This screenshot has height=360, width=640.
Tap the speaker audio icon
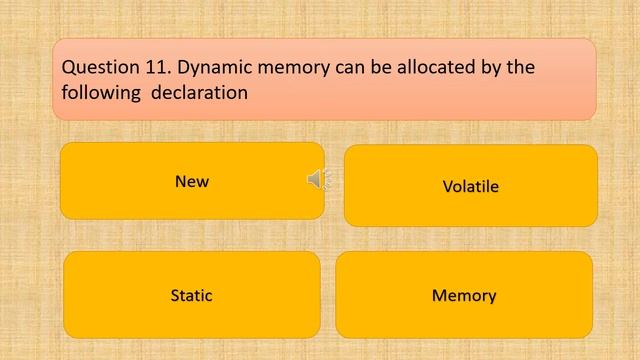pos(316,179)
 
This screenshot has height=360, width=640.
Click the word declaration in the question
pos(201,93)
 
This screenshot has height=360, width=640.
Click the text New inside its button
pos(192,182)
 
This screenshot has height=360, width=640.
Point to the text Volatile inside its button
pos(470,187)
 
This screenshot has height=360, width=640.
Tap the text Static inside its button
pos(191,296)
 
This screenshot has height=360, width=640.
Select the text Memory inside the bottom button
pos(464,296)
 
